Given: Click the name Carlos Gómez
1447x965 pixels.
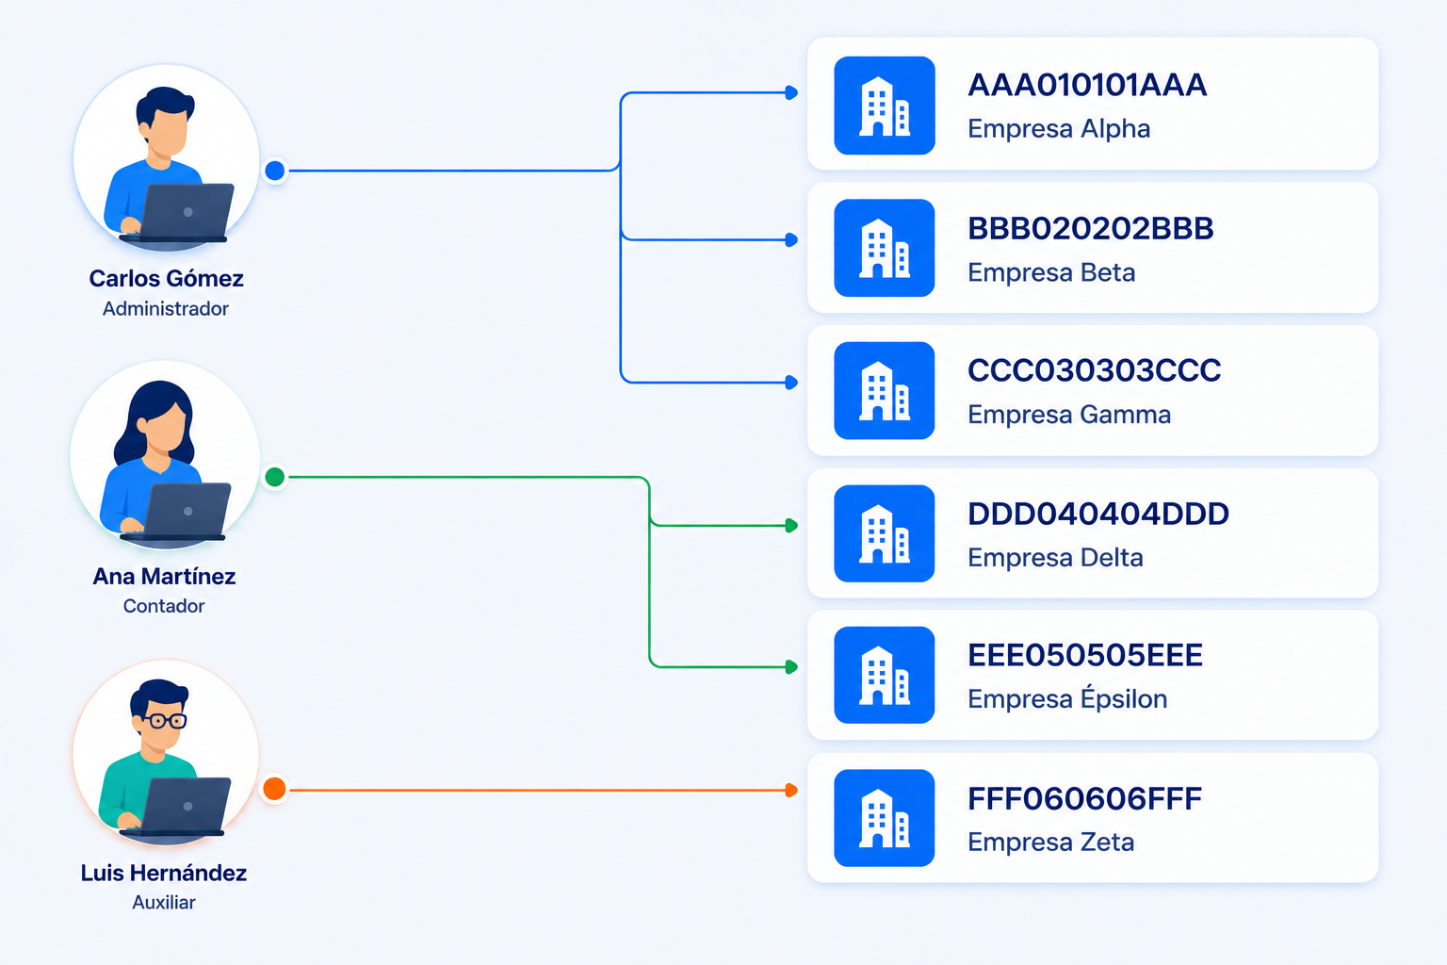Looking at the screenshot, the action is [166, 279].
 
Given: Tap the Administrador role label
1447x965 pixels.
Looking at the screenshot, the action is [166, 309].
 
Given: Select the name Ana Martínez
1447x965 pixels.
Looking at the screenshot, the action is [164, 576].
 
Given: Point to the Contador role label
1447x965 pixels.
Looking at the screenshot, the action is [164, 606].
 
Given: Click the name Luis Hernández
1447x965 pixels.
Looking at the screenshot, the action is [163, 873].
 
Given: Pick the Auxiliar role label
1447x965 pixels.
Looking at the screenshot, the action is [163, 902].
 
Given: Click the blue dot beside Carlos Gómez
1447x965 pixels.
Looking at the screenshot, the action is [275, 171].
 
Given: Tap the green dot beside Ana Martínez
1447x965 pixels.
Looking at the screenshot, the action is [275, 477].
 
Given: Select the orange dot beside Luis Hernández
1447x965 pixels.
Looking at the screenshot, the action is [274, 789].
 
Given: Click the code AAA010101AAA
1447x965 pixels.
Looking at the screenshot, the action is [1087, 86].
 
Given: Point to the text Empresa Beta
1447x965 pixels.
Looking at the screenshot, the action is [1051, 272].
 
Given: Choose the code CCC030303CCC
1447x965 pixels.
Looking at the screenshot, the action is [1095, 370].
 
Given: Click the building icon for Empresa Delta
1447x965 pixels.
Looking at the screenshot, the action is [885, 534].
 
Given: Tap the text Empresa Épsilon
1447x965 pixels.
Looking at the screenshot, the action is [1067, 697].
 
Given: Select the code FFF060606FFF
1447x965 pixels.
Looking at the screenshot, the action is [1084, 799].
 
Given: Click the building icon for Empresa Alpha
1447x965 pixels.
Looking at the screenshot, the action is [885, 106].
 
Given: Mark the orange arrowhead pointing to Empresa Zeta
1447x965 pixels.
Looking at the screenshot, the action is [791, 790].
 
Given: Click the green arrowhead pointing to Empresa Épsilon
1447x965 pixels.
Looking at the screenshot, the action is [791, 666].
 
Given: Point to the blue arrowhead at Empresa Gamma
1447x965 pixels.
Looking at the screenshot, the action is [791, 382].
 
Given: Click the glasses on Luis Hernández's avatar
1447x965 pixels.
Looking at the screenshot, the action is [165, 720].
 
